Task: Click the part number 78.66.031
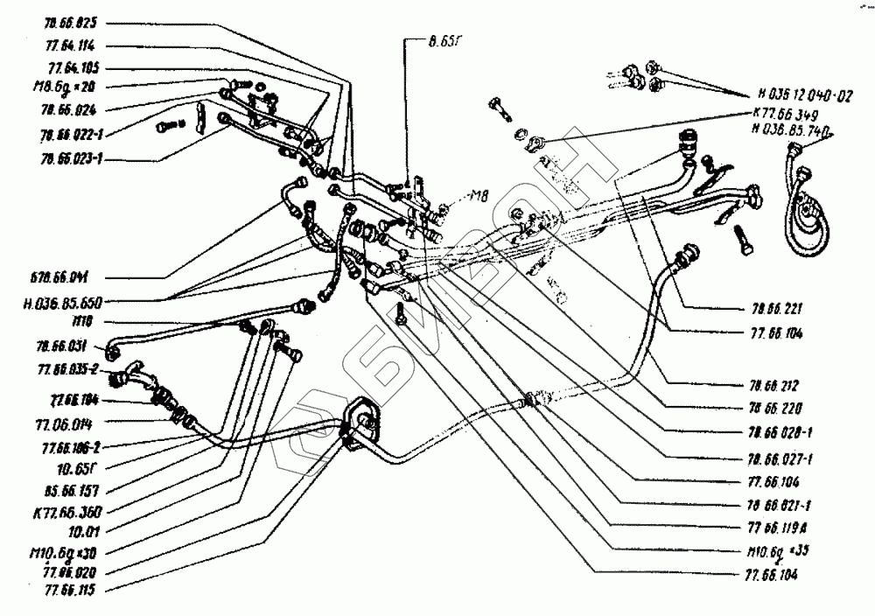coord(65,346)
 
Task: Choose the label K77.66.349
coord(787,115)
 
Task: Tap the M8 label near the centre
coord(479,194)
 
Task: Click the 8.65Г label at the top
coord(418,39)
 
